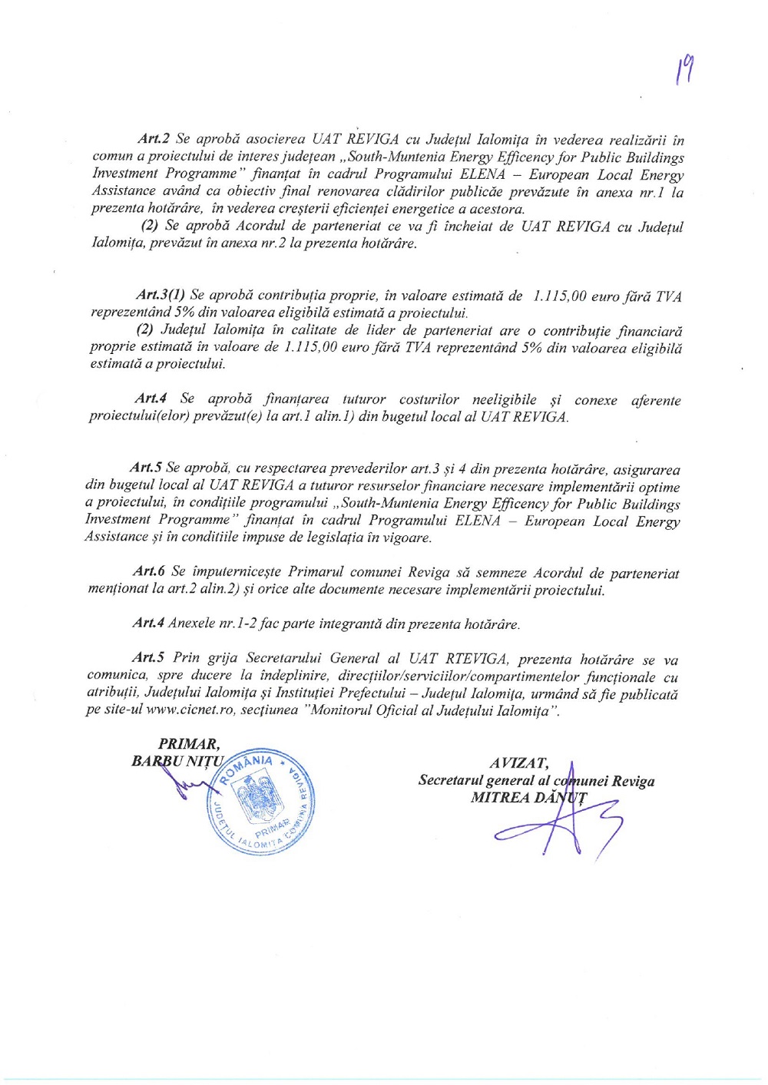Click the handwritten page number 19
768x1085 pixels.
click(x=684, y=73)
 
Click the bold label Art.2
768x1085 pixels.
click(x=153, y=139)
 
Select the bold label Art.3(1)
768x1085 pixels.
click(x=160, y=295)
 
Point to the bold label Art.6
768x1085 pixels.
click(x=148, y=571)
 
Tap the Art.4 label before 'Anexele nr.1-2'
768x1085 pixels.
click(x=148, y=623)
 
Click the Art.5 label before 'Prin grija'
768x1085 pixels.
click(x=148, y=657)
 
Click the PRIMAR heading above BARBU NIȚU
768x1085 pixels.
click(x=188, y=744)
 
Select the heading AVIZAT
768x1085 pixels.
click(x=519, y=763)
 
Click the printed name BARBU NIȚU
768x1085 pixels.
click(x=178, y=762)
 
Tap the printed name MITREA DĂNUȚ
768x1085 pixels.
click(x=528, y=798)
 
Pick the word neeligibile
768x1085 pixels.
click(x=505, y=399)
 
